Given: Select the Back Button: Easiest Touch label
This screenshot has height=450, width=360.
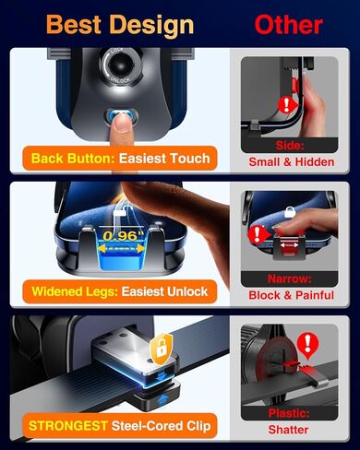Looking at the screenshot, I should click(120, 158).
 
